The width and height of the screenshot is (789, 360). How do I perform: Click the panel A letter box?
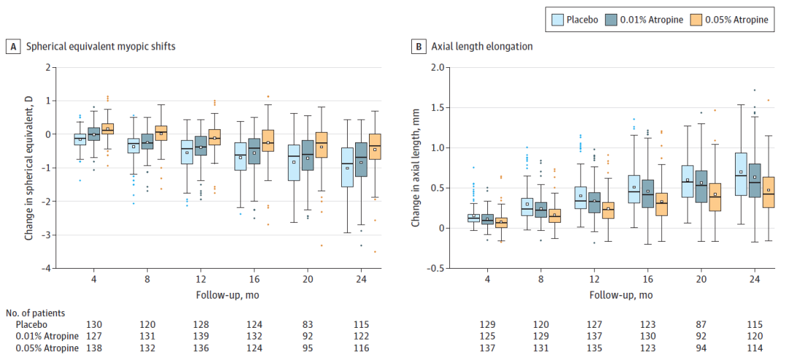(x=13, y=46)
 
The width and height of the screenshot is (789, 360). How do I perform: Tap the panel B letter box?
(x=419, y=46)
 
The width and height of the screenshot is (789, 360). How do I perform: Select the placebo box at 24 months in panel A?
(x=348, y=166)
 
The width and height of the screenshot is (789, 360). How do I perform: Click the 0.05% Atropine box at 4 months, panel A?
(x=107, y=129)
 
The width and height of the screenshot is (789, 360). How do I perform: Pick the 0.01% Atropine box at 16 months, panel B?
(x=647, y=194)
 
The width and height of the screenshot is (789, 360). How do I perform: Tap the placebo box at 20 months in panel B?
(x=687, y=181)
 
